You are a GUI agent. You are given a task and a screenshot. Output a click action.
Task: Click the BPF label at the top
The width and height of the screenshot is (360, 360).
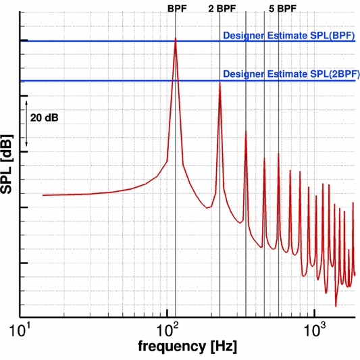tap(176, 9)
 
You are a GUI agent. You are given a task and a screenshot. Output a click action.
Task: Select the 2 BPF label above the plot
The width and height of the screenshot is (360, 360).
tap(220, 9)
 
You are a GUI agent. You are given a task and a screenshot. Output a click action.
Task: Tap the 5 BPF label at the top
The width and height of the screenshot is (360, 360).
tap(282, 9)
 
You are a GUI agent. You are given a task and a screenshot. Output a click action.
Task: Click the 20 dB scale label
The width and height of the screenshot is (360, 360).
tap(45, 118)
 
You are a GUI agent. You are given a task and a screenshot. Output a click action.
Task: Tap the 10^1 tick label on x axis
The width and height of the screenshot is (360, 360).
tap(20, 331)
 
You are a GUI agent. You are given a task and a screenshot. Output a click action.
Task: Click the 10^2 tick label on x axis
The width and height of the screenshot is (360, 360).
tap(167, 331)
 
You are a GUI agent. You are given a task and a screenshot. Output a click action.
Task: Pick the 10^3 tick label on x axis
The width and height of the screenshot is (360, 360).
tap(314, 331)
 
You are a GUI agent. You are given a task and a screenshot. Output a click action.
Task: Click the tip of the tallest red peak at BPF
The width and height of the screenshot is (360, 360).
tap(176, 38)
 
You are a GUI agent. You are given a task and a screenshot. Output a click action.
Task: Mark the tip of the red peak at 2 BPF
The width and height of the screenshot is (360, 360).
tap(220, 83)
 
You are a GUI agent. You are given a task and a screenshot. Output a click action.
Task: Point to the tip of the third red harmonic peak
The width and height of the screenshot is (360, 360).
tap(246, 130)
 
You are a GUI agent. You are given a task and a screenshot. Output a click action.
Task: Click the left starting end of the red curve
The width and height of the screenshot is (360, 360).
tap(43, 195)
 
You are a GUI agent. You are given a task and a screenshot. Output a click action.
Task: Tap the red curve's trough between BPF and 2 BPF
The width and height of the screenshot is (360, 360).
tap(208, 207)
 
